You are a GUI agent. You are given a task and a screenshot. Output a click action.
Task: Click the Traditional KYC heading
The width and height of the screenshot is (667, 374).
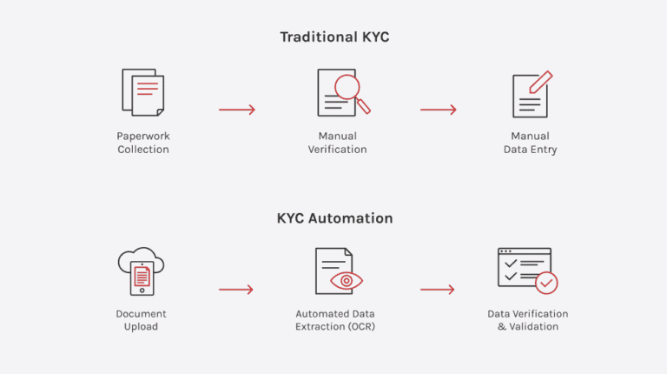pos(334,37)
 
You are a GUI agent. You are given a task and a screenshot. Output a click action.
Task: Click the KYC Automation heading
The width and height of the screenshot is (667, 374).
pos(334,218)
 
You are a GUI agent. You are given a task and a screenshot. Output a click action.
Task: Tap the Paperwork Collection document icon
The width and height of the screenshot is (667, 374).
pos(143,93)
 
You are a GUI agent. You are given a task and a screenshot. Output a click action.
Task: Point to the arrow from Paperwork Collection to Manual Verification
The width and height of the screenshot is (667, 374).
pos(237,110)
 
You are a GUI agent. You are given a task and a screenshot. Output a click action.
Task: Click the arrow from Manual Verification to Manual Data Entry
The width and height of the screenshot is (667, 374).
pos(439,110)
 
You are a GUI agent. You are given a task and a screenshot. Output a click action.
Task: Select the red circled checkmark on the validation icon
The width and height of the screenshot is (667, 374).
pos(546,283)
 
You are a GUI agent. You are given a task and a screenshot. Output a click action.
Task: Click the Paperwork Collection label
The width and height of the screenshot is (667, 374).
pos(143,143)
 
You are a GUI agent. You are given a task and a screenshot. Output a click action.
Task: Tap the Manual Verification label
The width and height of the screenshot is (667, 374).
pos(337,143)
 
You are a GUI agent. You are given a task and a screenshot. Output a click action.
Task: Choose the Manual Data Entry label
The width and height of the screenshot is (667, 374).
pos(530,143)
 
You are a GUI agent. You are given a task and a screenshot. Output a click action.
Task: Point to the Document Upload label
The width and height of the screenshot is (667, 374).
pos(141,320)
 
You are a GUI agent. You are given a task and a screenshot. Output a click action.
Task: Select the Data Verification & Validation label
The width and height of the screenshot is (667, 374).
pos(528,320)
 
